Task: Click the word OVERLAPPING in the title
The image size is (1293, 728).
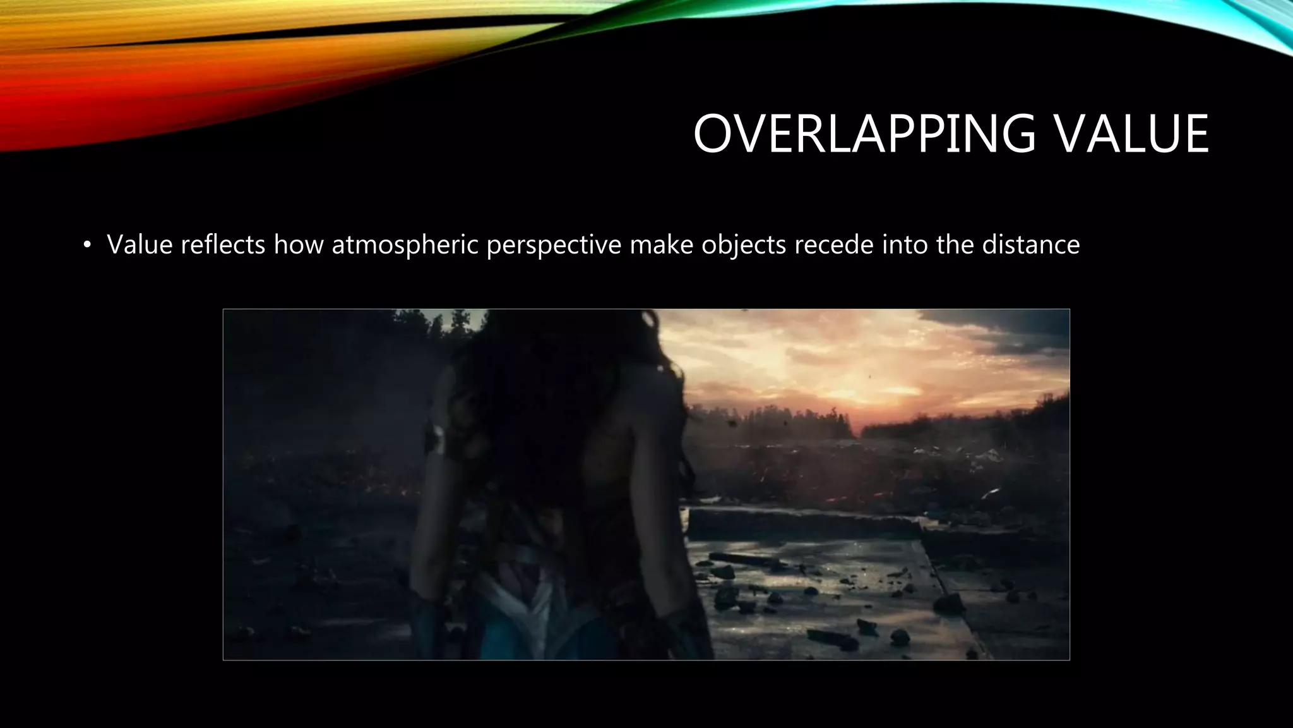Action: pos(864,133)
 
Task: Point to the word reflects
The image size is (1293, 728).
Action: pos(223,245)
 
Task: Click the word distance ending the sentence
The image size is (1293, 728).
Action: pos(1030,245)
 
